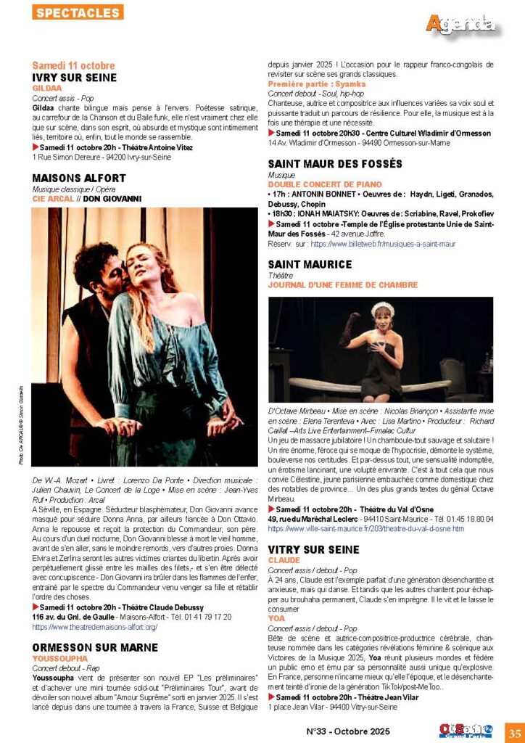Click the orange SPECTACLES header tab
click(x=78, y=12)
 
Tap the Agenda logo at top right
click(x=460, y=24)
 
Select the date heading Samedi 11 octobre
click(x=73, y=65)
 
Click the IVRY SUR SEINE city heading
click(x=75, y=78)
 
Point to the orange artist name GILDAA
click(x=47, y=89)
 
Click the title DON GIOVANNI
click(x=112, y=198)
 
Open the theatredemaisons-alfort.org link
click(x=95, y=626)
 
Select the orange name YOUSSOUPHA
click(x=61, y=657)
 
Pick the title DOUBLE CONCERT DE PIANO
click(x=325, y=185)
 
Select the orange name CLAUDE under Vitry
click(x=284, y=561)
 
